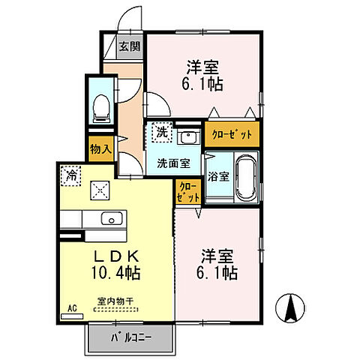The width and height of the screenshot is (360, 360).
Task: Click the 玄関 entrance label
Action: click(129, 46)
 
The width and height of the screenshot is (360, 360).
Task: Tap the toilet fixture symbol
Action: click(99, 109)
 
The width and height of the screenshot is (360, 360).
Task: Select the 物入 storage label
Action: click(100, 148)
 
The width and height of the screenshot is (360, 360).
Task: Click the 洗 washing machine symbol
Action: click(160, 133)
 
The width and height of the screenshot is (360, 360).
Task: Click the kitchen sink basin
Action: click(111, 219)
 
